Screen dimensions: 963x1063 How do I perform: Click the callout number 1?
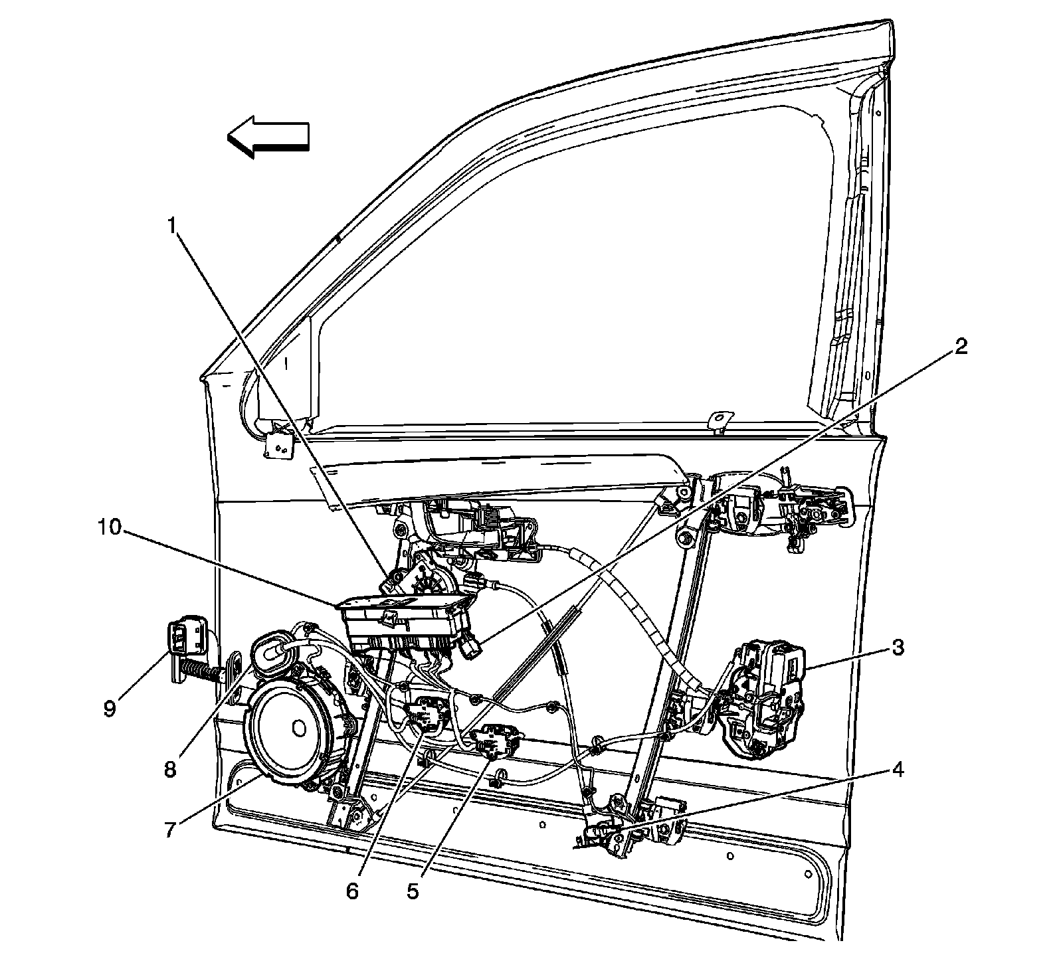point(172,227)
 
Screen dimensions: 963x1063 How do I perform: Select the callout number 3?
point(898,648)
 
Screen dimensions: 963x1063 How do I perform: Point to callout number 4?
point(898,770)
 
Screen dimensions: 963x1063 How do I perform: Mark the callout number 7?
point(171,830)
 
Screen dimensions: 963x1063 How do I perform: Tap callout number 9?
point(110,709)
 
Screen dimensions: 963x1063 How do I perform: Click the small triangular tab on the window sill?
point(718,420)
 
